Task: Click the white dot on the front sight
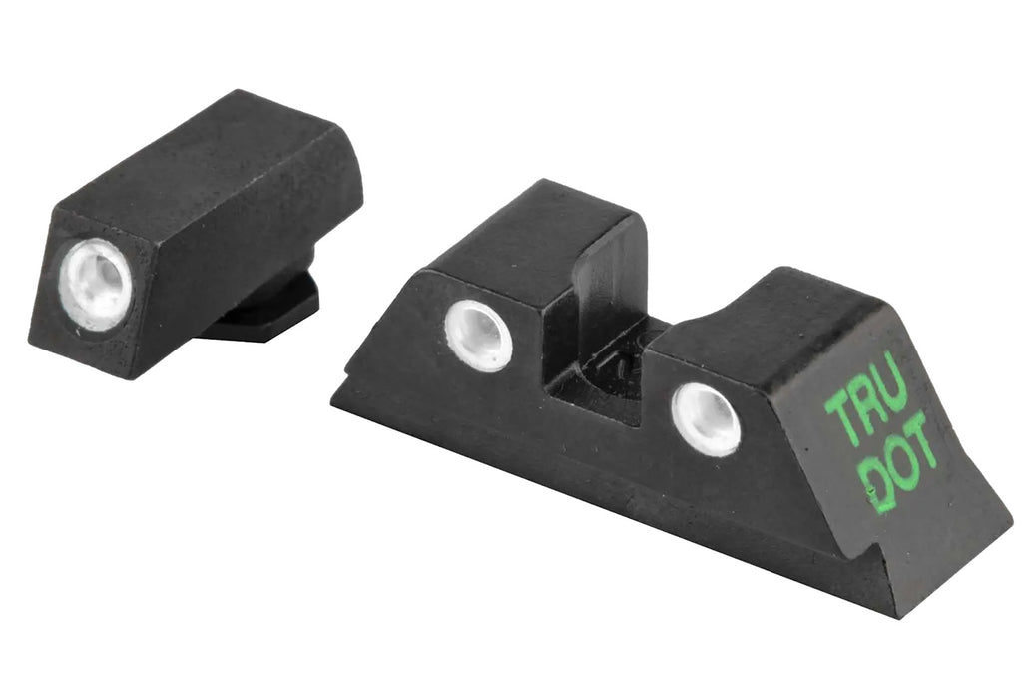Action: (98, 284)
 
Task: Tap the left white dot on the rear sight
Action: (478, 335)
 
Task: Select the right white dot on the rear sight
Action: (706, 418)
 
